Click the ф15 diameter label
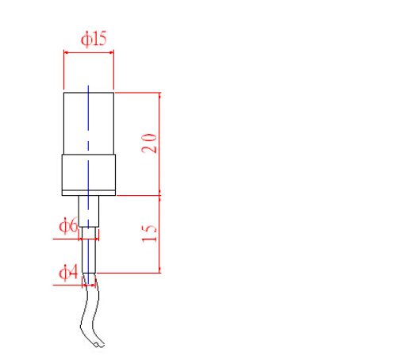pyautogui.click(x=94, y=39)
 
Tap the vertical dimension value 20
pyautogui.click(x=149, y=144)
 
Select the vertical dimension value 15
pyautogui.click(x=149, y=234)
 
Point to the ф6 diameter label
pyautogui.click(x=68, y=225)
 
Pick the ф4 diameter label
pyautogui.click(x=68, y=272)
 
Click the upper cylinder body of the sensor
pyautogui.click(x=89, y=124)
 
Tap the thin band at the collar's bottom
pyautogui.click(x=89, y=193)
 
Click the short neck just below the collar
pyautogui.click(x=89, y=211)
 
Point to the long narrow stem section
pyautogui.click(x=89, y=250)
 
